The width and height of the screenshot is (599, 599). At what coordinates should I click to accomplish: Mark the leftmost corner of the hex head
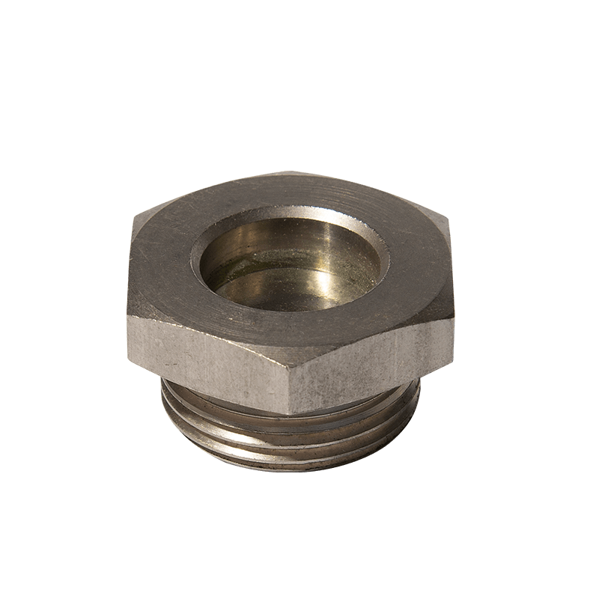click(x=129, y=225)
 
